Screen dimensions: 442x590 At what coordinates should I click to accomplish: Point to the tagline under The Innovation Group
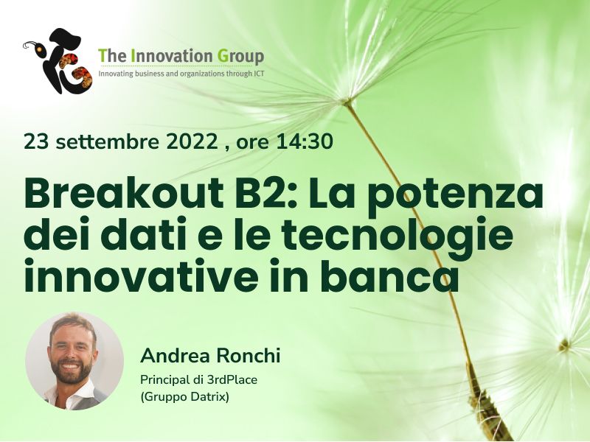click(181, 74)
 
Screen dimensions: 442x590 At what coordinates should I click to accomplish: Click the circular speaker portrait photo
click(74, 360)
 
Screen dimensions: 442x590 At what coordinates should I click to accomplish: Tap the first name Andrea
click(173, 357)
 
